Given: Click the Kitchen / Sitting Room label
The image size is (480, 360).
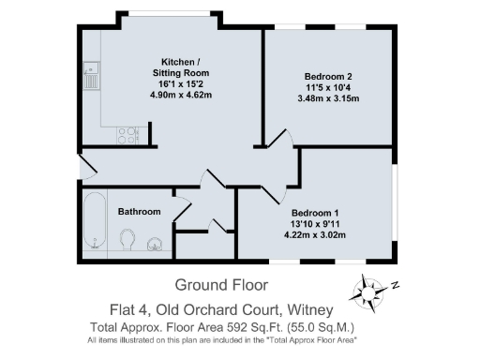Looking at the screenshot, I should pos(184,66).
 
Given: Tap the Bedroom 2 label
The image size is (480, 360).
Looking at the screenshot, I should pos(326,76).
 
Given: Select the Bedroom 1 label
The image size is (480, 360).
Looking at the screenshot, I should pos(313,213).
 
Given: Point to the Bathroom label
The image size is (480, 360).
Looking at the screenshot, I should pos(139,212).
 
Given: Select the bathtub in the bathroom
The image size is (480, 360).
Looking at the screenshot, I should pos(94,222).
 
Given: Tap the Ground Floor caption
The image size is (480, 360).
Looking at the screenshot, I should pos(221,285).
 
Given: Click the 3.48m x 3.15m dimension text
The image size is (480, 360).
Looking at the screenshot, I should pos(326,98).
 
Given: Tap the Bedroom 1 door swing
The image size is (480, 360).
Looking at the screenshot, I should pos(273,190).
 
